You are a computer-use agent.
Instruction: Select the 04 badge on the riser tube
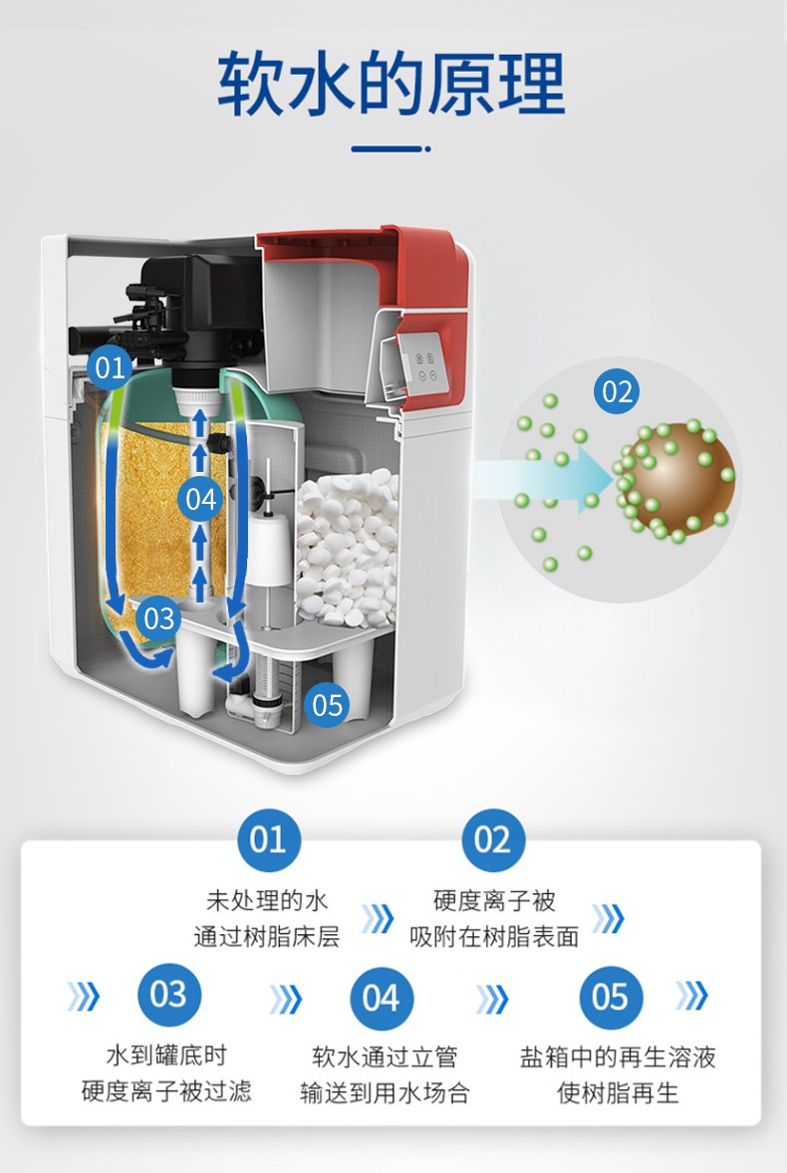[x=202, y=499]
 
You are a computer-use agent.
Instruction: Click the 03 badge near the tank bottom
[x=159, y=618]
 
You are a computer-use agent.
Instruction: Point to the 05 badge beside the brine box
[x=327, y=706]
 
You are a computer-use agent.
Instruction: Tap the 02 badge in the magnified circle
[x=618, y=391]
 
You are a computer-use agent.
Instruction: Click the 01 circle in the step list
[x=267, y=841]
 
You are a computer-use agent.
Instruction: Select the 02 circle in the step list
[x=492, y=841]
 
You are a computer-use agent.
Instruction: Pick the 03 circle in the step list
[x=168, y=994]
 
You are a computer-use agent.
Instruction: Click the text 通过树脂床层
[x=266, y=937]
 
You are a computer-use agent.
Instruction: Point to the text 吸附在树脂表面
[x=494, y=937]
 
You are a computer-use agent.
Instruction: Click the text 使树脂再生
[x=618, y=1093]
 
